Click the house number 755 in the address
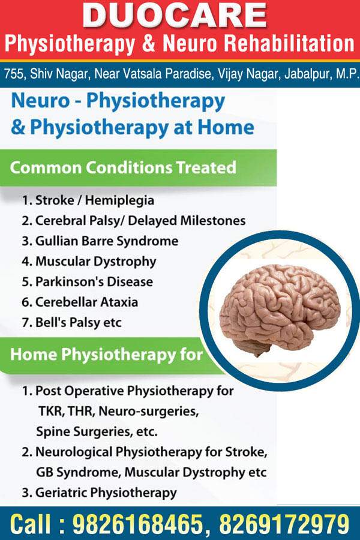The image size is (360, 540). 13,74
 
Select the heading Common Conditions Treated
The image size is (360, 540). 123,168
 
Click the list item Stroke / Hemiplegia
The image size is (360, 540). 88,200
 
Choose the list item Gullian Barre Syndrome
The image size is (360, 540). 100,241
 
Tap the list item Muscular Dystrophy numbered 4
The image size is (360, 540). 89,262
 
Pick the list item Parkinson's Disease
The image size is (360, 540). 87,282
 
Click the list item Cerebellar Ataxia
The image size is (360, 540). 80,302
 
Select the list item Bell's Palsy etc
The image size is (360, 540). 71,323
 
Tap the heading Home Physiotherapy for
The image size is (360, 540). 106,355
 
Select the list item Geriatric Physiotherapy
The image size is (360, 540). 99,493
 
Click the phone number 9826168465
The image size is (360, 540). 137,524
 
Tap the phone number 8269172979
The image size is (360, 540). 284,524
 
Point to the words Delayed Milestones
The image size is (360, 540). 187,220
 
